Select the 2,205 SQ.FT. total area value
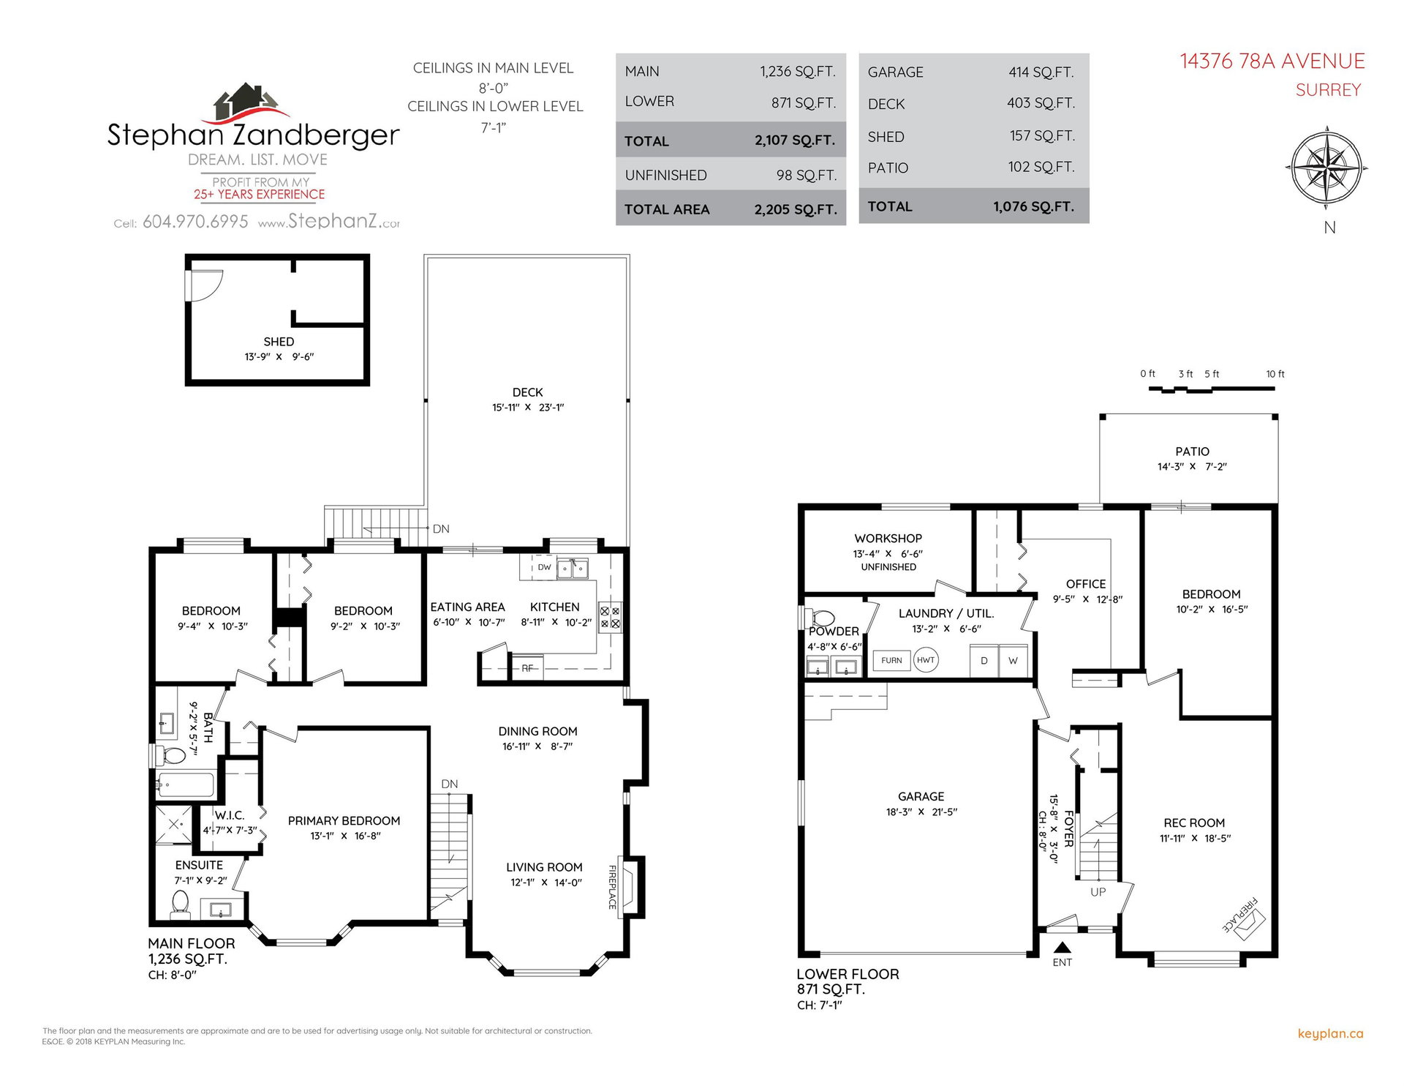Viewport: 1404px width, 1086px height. coord(796,209)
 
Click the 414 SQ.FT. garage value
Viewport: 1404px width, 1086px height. coord(1041,72)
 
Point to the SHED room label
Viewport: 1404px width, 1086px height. coord(279,342)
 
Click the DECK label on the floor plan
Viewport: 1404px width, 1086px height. coord(527,392)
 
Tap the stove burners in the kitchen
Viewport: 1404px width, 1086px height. coord(610,618)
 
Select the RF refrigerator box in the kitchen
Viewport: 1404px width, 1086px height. coord(527,667)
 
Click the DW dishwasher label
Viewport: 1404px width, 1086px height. coord(544,567)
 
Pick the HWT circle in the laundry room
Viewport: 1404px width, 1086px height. coord(926,660)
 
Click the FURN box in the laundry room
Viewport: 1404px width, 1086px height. coord(891,661)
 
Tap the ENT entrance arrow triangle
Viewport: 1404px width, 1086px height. coord(1063,947)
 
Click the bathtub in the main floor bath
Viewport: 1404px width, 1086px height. coord(184,785)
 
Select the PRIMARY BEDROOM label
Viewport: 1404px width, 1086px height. coord(344,821)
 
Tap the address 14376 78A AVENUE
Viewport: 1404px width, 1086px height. coord(1272,61)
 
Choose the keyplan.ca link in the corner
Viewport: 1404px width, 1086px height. coord(1330,1034)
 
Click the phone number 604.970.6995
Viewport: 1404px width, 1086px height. coord(195,222)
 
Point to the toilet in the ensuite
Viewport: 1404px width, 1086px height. coord(180,905)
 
